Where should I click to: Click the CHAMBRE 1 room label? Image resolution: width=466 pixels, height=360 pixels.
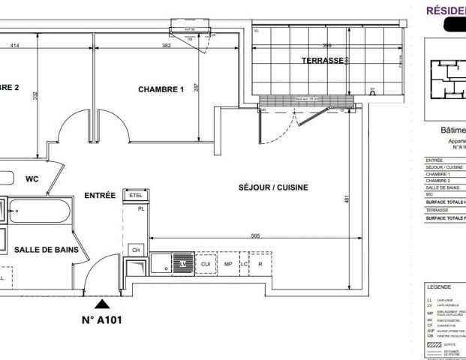coord(161,89)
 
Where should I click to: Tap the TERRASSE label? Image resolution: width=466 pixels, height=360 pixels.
coord(323,60)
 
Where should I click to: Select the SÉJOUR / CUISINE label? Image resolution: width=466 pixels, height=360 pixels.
coord(273,187)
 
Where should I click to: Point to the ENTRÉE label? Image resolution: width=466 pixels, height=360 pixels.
coord(99,195)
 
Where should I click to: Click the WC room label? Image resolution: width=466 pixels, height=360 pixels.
coord(32,179)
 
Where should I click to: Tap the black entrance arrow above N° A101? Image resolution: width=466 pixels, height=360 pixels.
coord(101,303)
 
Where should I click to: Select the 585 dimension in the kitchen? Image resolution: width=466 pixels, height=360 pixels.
coord(255,236)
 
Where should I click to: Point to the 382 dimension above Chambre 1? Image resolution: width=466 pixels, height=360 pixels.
coord(167,46)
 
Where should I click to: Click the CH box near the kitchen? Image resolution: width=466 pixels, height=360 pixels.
coord(136,249)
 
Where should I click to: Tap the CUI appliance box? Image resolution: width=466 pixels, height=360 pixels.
coord(206,264)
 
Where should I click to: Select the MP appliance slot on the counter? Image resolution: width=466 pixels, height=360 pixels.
coord(227,264)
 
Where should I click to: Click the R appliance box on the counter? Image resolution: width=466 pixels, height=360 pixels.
coord(260,264)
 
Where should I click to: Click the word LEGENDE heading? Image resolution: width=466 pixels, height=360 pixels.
coord(438,287)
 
